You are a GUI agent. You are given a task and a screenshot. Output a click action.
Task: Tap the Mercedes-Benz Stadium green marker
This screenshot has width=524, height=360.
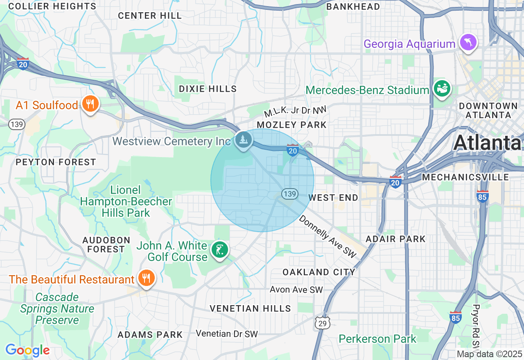point(443,89)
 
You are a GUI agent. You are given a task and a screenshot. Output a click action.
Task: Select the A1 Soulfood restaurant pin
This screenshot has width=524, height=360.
point(90,104)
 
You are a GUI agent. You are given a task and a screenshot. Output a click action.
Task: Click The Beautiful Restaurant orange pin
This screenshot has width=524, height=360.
point(145,278)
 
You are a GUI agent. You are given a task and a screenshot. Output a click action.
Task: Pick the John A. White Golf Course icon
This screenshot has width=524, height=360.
point(219,250)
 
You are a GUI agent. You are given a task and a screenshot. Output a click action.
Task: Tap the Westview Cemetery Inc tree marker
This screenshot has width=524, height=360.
point(244,140)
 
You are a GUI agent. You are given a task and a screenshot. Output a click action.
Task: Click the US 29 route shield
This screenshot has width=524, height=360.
point(323,323)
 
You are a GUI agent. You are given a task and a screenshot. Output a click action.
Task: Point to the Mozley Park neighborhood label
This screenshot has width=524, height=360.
point(291,125)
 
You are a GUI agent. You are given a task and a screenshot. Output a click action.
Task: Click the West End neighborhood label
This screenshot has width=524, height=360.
point(333,198)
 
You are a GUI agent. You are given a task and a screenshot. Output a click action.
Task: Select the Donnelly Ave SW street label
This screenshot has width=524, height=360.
point(328,236)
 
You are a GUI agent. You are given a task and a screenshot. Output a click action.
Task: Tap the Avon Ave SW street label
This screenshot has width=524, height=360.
point(296,290)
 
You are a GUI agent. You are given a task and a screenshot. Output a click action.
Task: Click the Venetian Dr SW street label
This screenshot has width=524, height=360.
point(227,334)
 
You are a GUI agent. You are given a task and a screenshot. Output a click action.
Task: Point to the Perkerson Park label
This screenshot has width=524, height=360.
point(377,339)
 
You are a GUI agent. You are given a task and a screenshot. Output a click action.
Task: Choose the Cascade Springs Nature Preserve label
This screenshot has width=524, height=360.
point(57,308)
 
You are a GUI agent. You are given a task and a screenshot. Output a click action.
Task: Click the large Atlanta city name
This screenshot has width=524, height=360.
point(487,143)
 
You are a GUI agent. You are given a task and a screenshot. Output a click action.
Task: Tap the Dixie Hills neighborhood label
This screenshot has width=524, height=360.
point(208,89)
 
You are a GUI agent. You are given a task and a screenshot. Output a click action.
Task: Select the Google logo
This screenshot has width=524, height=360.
point(27,351)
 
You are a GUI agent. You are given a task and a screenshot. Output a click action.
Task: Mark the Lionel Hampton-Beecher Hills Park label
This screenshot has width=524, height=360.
point(126,201)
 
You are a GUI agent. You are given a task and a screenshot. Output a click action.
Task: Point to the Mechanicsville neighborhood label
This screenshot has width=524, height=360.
point(465,177)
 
